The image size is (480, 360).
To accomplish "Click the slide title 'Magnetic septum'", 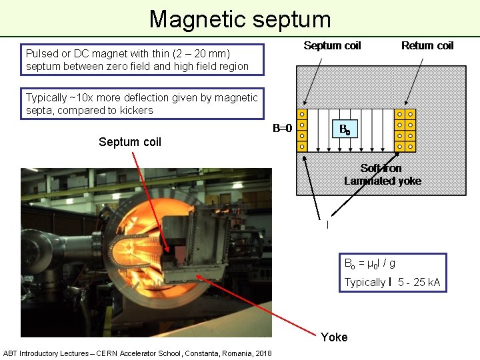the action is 239,19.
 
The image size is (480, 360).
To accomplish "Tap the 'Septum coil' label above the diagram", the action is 332,45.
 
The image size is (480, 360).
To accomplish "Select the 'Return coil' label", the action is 427,45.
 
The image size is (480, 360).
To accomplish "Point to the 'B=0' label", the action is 283,128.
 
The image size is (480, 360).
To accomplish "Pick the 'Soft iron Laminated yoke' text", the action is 382,175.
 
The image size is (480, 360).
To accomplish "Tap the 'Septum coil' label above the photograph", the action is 130,141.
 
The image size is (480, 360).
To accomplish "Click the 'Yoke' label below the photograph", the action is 334,337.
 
